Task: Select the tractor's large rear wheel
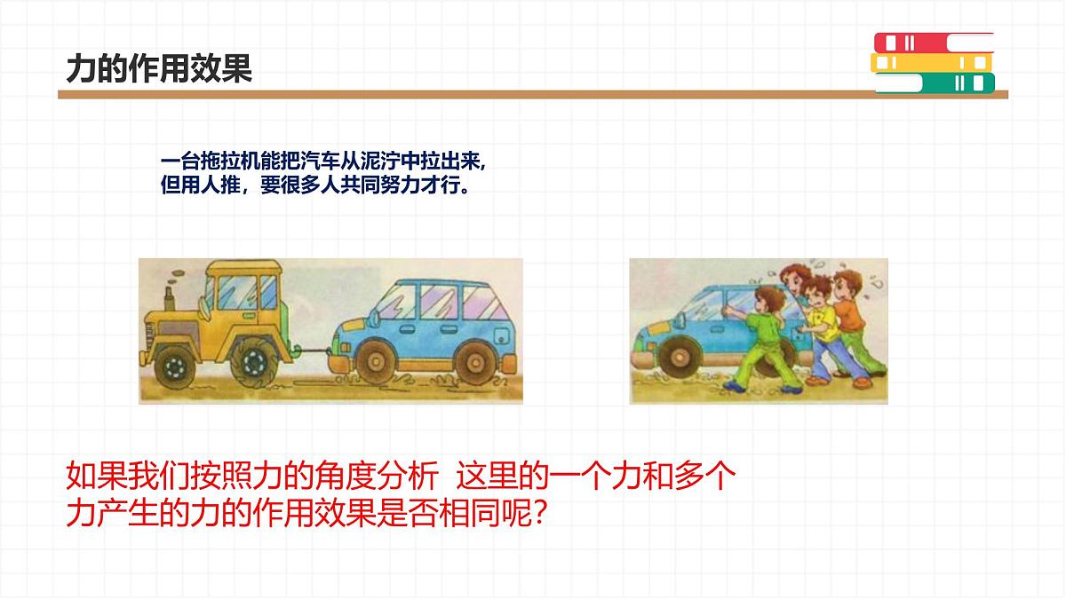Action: pos(253,360)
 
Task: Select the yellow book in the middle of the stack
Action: pos(932,63)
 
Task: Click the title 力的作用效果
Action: pos(160,69)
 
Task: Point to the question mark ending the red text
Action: pos(536,514)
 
